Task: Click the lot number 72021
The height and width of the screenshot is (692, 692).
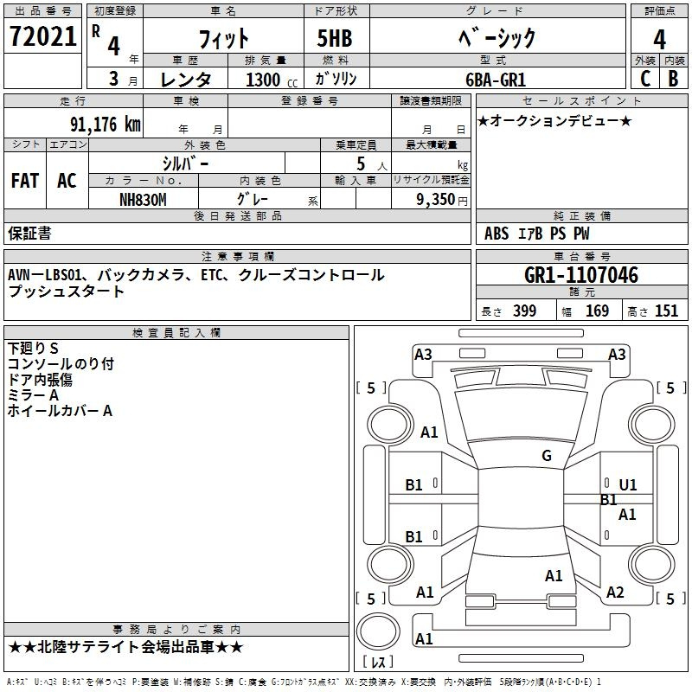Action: (x=43, y=36)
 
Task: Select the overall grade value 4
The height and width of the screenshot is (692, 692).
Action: (x=659, y=40)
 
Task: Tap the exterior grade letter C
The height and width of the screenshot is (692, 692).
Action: (x=645, y=79)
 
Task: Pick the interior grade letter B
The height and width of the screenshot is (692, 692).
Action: (x=673, y=79)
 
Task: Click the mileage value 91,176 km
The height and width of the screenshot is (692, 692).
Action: (x=105, y=125)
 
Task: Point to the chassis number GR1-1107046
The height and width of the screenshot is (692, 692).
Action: (x=581, y=275)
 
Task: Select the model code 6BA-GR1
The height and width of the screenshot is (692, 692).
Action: (x=496, y=80)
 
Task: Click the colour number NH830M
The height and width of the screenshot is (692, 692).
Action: (x=143, y=200)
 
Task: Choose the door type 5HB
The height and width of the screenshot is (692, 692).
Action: (x=335, y=38)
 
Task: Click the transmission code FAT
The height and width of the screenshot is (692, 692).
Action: (x=25, y=181)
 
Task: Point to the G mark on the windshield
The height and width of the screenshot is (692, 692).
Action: (x=547, y=456)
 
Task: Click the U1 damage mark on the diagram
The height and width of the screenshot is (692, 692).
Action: (x=628, y=485)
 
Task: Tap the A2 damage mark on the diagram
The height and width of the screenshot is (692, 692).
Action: (x=615, y=593)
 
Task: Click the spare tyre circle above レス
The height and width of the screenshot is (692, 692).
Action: (x=378, y=631)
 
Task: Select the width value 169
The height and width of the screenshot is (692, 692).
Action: (x=597, y=311)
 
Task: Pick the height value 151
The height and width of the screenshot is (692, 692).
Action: (x=666, y=311)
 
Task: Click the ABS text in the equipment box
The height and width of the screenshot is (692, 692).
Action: (x=497, y=234)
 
